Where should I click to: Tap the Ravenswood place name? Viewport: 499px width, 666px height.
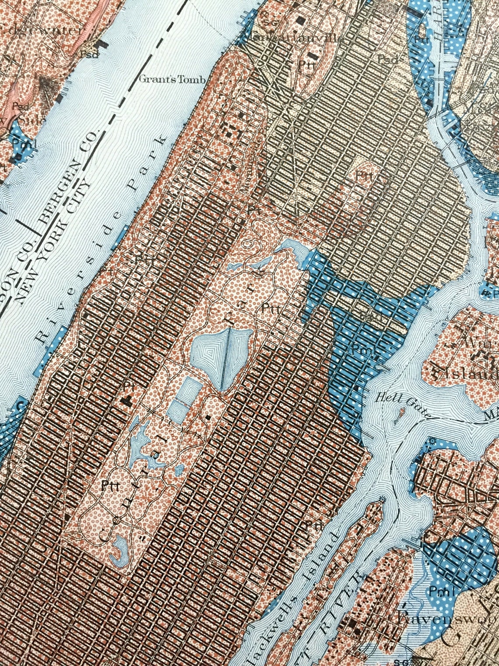pyautogui.click(x=446, y=619)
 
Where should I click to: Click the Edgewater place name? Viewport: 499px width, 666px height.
pyautogui.click(x=42, y=31)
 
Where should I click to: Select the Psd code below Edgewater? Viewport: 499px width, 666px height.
pyautogui.click(x=89, y=55)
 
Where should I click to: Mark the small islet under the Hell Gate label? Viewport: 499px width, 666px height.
pyautogui.click(x=401, y=413)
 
